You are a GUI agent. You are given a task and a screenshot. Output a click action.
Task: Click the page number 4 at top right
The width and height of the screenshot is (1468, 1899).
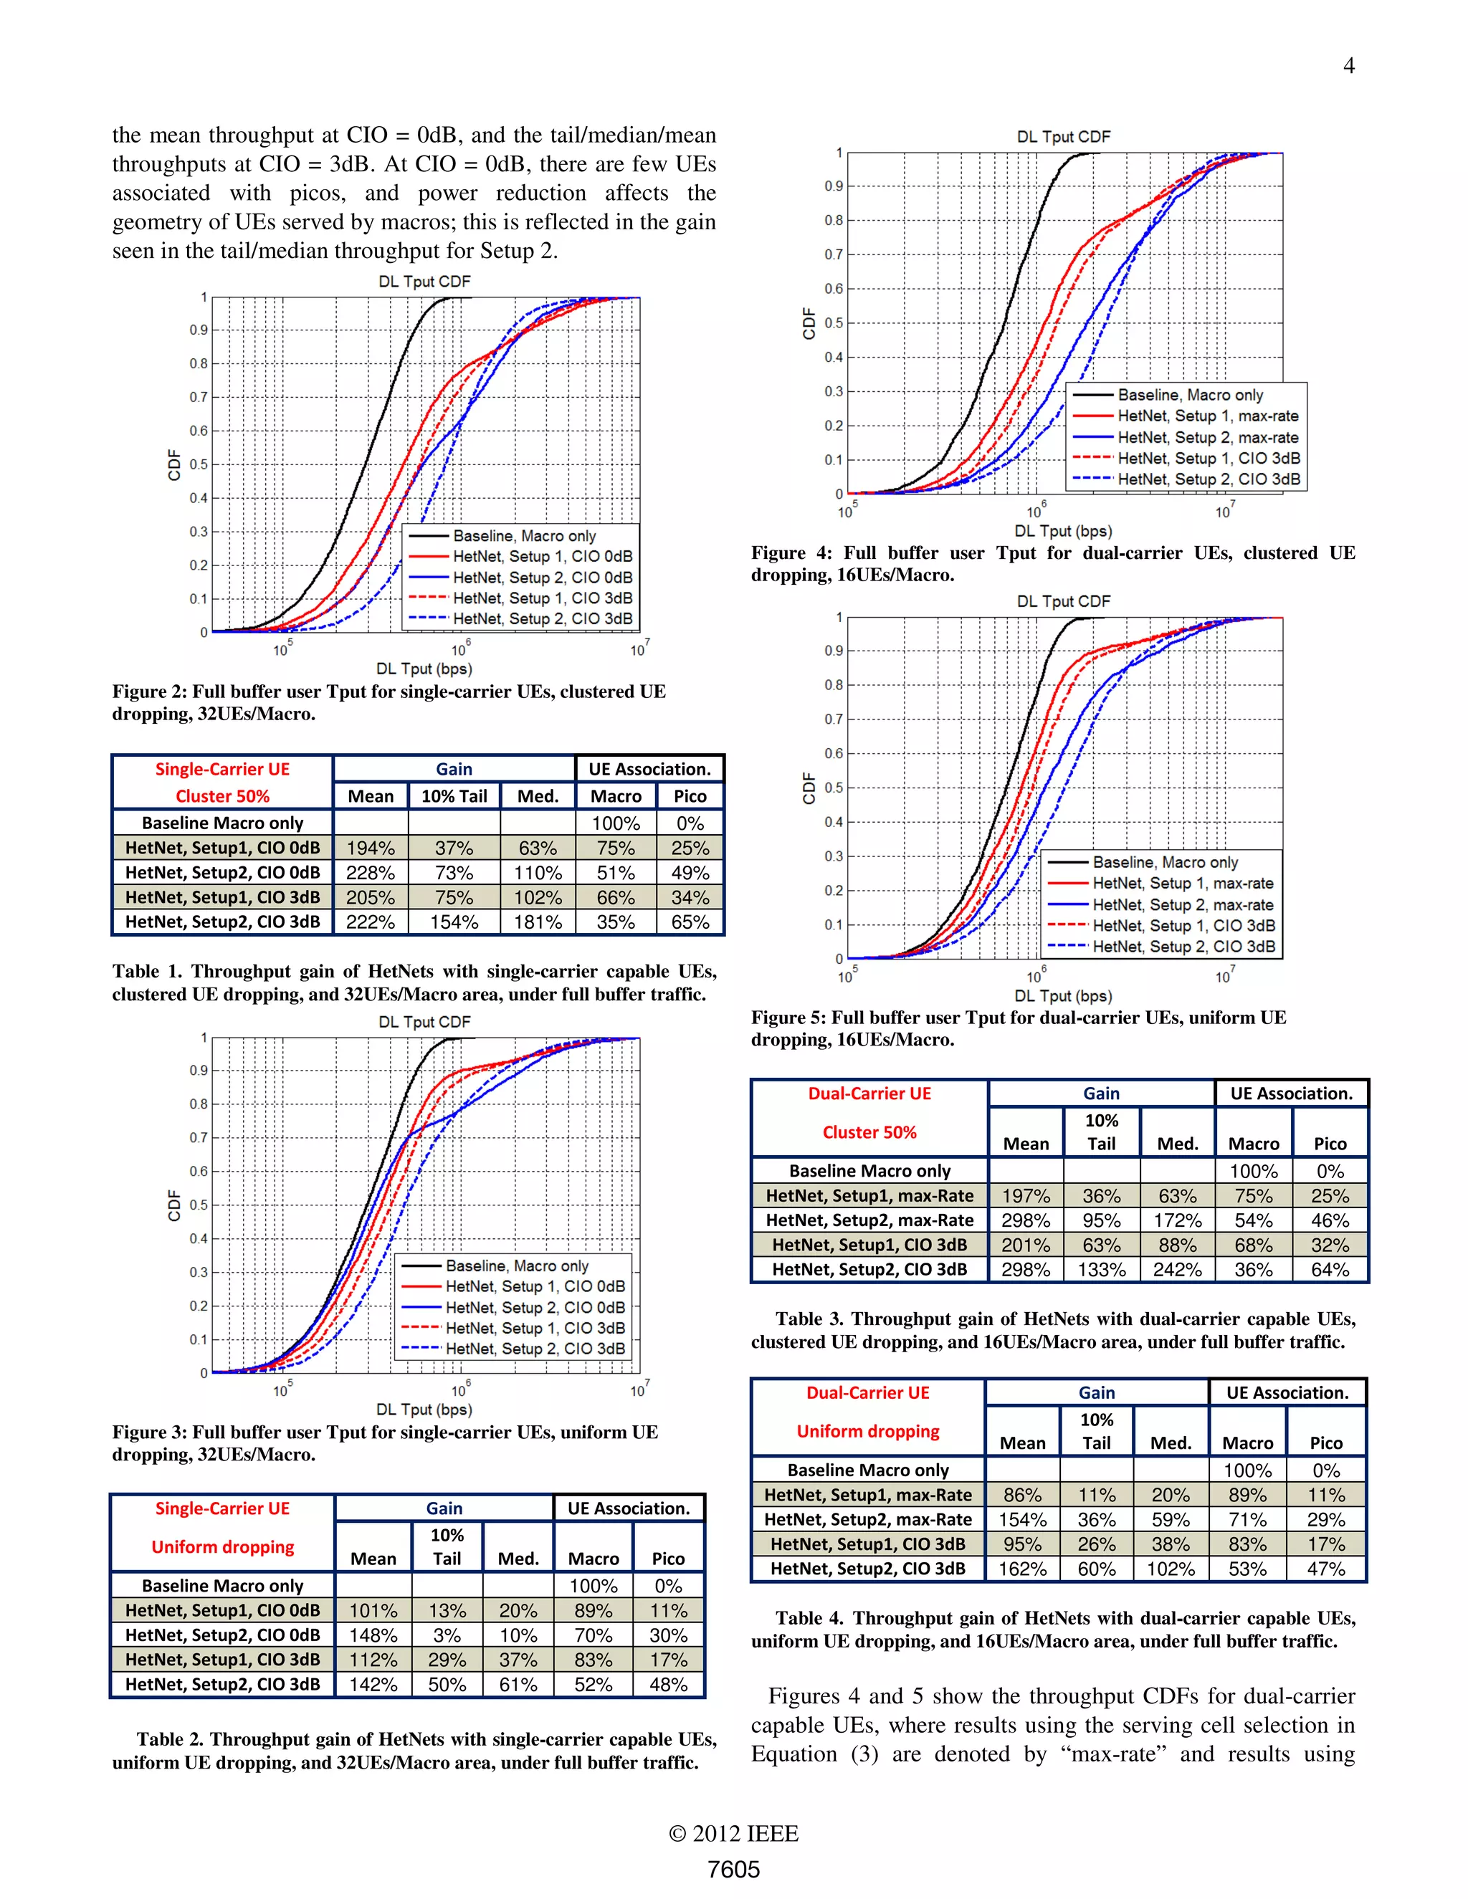point(1348,66)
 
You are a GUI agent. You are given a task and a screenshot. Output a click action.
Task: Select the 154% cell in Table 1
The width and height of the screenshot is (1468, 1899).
point(454,922)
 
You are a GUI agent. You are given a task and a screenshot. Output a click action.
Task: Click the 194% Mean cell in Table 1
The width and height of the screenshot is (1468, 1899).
point(371,848)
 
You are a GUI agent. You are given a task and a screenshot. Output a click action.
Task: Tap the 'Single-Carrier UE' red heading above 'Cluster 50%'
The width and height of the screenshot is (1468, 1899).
point(223,770)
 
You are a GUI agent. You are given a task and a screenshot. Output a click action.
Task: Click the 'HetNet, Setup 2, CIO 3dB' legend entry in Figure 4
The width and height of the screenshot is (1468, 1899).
point(1208,479)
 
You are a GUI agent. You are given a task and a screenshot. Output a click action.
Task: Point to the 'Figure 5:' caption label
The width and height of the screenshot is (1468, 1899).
point(788,1018)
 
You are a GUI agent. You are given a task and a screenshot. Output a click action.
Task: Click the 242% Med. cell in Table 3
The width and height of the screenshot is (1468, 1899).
point(1178,1270)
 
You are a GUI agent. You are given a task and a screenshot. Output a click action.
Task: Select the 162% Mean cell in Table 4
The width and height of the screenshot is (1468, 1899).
point(1022,1569)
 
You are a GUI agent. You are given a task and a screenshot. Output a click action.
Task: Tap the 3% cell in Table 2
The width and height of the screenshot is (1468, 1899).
point(447,1635)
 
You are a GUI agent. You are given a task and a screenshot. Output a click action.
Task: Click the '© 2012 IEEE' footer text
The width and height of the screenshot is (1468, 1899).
point(733,1833)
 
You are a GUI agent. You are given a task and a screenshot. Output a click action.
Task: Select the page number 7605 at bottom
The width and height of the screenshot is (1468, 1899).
point(733,1869)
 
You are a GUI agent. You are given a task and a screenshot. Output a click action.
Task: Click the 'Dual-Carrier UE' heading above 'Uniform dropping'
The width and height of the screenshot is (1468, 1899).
point(867,1392)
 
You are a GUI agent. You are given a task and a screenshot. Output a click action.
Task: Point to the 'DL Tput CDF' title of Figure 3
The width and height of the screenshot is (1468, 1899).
point(424,1022)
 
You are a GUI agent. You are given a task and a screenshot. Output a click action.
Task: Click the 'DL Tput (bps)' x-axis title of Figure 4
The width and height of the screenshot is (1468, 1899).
point(1063,530)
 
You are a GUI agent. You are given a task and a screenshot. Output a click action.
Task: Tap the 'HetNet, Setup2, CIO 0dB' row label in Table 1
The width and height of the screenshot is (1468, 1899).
point(223,872)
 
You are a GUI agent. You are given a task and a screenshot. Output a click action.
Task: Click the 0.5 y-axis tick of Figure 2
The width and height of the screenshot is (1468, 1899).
point(199,464)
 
